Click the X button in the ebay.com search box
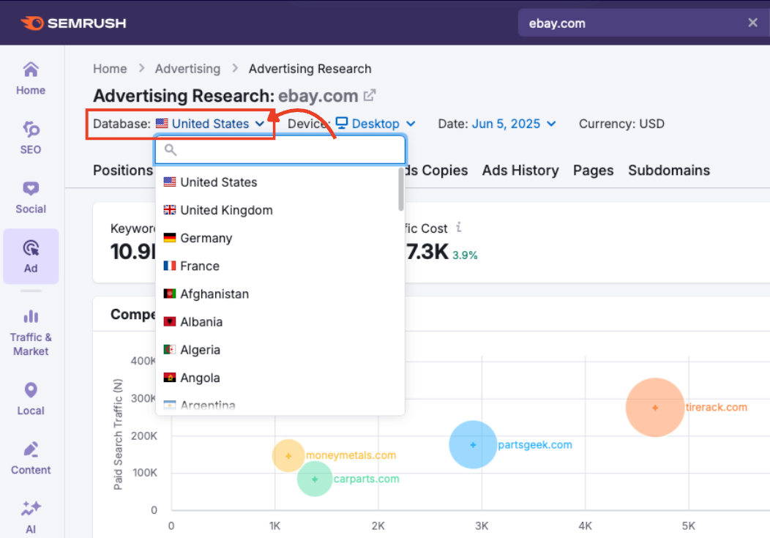(752, 23)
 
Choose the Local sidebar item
(31, 398)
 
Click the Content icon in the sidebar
(31, 449)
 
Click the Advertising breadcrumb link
(187, 69)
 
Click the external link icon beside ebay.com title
(370, 95)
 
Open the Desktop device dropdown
(375, 124)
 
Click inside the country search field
(285, 150)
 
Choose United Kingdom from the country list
(226, 210)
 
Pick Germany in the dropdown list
(206, 238)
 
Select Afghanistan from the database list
(214, 294)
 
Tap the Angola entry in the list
(200, 378)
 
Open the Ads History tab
(520, 171)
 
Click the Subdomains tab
(669, 171)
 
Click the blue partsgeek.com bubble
(473, 444)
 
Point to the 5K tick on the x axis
(689, 526)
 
